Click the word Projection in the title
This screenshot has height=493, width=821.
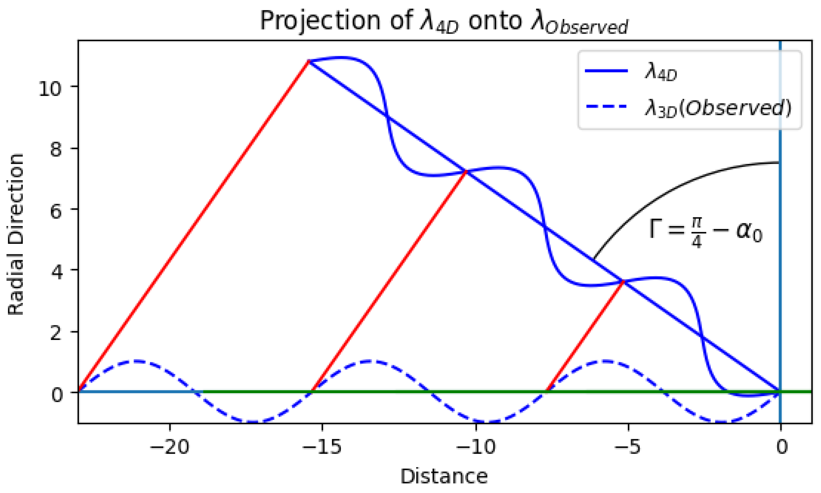[320, 21]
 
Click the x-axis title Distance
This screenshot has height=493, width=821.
[444, 476]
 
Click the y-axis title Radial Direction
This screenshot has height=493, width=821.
[16, 234]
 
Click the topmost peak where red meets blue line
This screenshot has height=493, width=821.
[309, 61]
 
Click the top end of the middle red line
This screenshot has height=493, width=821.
[466, 171]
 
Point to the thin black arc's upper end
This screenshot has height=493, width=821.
[779, 162]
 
